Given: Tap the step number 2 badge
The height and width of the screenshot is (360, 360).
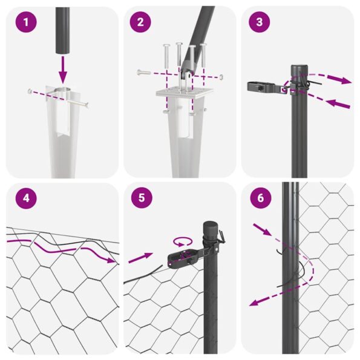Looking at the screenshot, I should tap(140, 24).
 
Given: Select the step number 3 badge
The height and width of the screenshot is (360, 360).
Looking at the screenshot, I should tap(260, 24).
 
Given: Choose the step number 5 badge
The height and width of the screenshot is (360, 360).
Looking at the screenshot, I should tap(140, 198).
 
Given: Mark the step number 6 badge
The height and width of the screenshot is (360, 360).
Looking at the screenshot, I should tap(260, 198).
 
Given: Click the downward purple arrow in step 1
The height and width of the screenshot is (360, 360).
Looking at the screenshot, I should tap(62, 70).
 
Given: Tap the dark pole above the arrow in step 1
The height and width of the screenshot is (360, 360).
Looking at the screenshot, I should tap(62, 27).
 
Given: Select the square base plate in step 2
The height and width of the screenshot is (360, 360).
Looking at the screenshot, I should tap(181, 93).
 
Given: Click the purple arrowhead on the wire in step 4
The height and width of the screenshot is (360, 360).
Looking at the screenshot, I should tap(112, 260).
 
